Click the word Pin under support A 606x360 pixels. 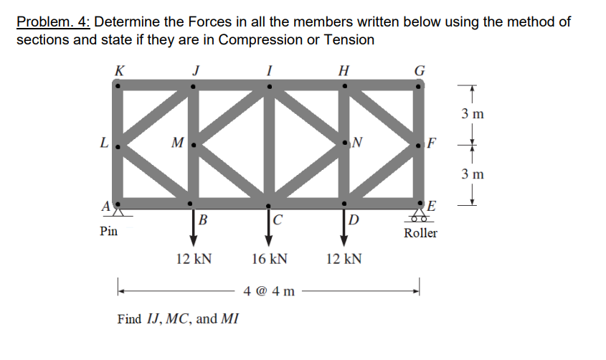(x=108, y=232)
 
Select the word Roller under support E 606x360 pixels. (x=420, y=234)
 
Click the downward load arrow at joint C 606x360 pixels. (x=268, y=226)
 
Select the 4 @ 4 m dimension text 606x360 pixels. (x=269, y=291)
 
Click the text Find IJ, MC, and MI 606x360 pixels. (x=178, y=318)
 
